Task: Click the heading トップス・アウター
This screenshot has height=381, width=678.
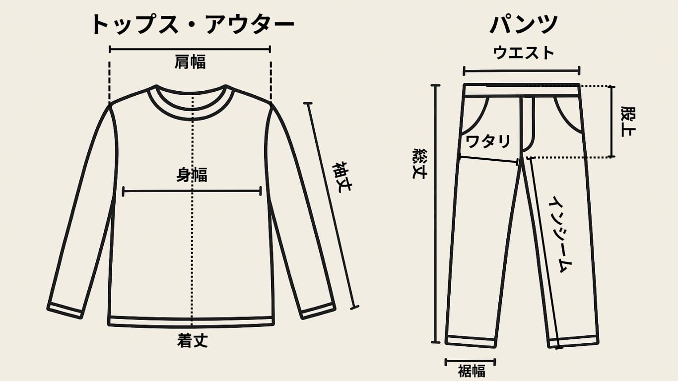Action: [x=193, y=25]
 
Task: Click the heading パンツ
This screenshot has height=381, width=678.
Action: [x=524, y=25]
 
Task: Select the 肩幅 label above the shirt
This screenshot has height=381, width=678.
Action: [x=190, y=62]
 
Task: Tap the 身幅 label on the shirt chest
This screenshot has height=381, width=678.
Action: [x=192, y=175]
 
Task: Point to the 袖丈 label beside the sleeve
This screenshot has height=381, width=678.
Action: [x=341, y=177]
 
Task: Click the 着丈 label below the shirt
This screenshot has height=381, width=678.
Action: [x=192, y=341]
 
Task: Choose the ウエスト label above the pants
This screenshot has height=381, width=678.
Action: [x=523, y=53]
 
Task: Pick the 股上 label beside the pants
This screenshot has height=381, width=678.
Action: [x=628, y=121]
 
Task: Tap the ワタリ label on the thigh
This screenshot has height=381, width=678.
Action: [x=488, y=141]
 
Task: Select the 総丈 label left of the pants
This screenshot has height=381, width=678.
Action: [x=419, y=163]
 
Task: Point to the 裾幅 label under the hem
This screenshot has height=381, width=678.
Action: [x=471, y=371]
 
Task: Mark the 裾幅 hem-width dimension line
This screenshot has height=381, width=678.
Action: [x=471, y=361]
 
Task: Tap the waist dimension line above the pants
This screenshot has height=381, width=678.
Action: [x=522, y=70]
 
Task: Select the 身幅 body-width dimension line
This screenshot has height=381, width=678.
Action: [x=192, y=190]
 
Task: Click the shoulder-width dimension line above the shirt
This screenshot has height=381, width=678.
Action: [x=190, y=49]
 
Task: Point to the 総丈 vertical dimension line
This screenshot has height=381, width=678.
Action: [x=436, y=213]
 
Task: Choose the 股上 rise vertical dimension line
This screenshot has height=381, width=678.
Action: [x=612, y=122]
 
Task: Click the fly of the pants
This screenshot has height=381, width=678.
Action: [x=527, y=124]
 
